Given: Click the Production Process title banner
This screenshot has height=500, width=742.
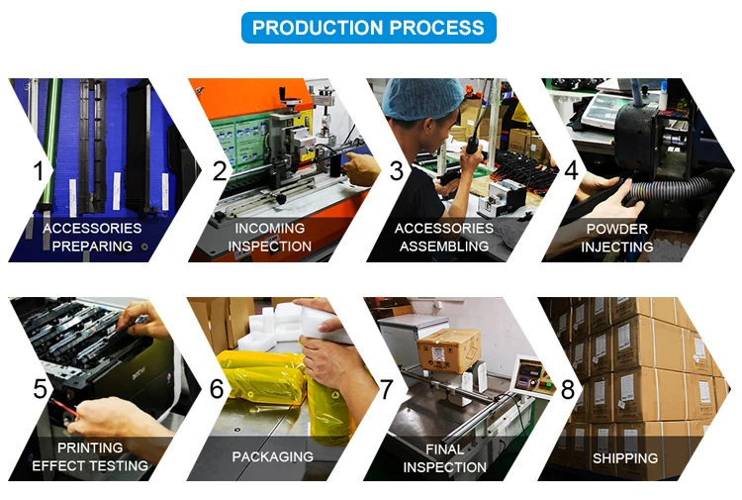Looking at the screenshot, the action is point(369,28).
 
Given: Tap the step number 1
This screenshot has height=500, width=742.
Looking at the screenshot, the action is point(39,171).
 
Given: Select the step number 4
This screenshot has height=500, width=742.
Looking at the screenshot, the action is point(572,170).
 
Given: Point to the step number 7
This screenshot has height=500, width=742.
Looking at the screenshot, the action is point(387,389).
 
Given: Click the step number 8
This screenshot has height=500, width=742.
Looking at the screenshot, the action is point(568,390).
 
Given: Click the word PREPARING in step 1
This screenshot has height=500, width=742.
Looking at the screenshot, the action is point(92,247).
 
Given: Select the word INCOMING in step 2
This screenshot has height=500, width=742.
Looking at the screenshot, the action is point(270,229).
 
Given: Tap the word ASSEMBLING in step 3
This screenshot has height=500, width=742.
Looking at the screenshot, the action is point(444,247).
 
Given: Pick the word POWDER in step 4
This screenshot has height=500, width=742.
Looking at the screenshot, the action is point(617,229).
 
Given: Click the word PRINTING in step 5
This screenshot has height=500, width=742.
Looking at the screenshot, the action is point(90,448).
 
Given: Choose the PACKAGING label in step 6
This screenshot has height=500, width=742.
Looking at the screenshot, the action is point(273,456).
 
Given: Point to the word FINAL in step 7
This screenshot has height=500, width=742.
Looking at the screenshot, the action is point(445,450).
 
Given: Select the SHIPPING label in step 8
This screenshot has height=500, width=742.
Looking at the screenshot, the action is point(625,458).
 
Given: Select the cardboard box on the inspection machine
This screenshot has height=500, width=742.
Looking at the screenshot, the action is point(448,350).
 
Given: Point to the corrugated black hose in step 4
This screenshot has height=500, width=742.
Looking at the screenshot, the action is point(672,190).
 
